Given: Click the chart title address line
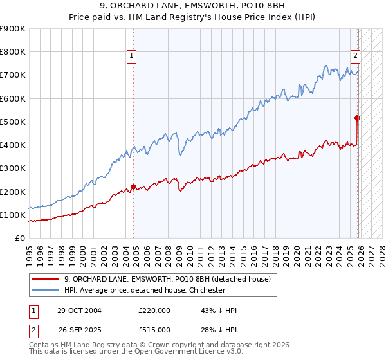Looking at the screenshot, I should [x=192, y=7].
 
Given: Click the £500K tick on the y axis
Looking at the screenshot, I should [x=12, y=122].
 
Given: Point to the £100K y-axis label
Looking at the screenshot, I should [x=12, y=215].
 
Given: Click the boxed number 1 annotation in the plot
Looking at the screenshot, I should [x=131, y=56].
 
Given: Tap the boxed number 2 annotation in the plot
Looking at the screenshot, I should [x=354, y=56].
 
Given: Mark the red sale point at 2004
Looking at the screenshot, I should [x=133, y=187].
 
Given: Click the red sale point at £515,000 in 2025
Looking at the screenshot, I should [x=357, y=118].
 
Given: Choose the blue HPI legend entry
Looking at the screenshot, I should [x=145, y=290].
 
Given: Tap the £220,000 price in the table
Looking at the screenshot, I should [x=154, y=310].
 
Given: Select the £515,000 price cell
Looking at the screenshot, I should [x=154, y=330].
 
